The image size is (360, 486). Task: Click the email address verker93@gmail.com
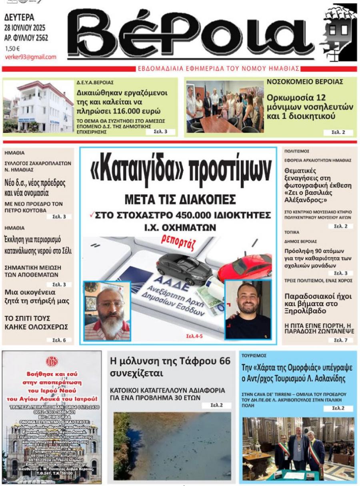[30, 57]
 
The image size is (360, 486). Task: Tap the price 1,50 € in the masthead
[12, 49]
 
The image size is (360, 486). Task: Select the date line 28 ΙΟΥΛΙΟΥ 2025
[25, 28]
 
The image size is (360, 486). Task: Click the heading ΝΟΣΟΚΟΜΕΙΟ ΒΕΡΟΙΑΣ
[305, 82]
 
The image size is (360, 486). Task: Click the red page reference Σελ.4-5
[194, 336]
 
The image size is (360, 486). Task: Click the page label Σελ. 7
[340, 340]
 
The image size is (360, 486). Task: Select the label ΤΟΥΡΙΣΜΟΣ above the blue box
[254, 355]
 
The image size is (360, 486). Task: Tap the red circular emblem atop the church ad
[52, 362]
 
